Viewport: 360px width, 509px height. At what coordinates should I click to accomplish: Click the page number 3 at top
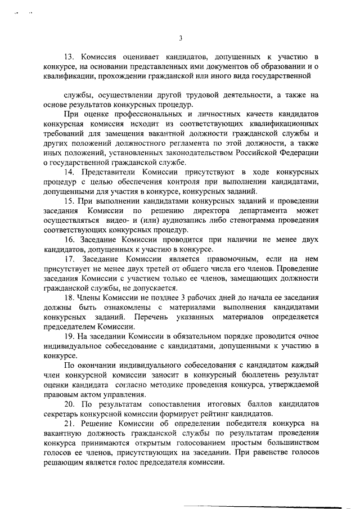point(180,38)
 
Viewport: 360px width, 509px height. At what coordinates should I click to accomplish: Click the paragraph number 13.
point(70,57)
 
